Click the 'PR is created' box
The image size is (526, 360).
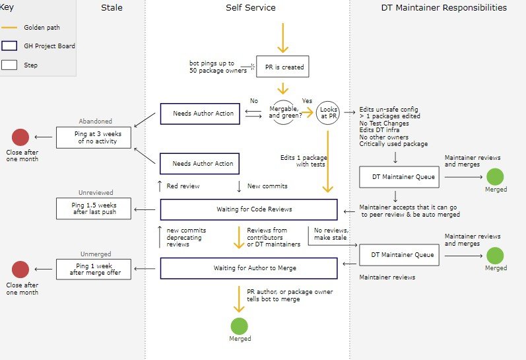click(282, 66)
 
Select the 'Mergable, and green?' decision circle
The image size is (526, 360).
click(282, 113)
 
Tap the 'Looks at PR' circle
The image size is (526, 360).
click(327, 113)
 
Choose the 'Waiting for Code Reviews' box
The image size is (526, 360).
click(249, 209)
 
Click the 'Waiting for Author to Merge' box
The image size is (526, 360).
click(249, 268)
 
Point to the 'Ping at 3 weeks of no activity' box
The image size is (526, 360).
click(94, 137)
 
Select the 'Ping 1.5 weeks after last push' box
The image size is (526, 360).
click(94, 208)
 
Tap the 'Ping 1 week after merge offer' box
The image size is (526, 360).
click(94, 268)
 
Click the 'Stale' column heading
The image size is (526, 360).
click(112, 8)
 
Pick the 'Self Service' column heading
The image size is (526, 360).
click(250, 8)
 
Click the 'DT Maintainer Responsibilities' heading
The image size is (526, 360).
click(444, 8)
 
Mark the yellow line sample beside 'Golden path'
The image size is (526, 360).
click(9, 28)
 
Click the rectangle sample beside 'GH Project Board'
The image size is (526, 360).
click(9, 46)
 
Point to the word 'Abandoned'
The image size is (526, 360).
click(96, 122)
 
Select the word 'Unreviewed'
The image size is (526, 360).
click(96, 193)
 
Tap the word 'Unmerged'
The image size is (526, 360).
click(96, 254)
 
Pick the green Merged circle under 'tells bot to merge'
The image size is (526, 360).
click(240, 326)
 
